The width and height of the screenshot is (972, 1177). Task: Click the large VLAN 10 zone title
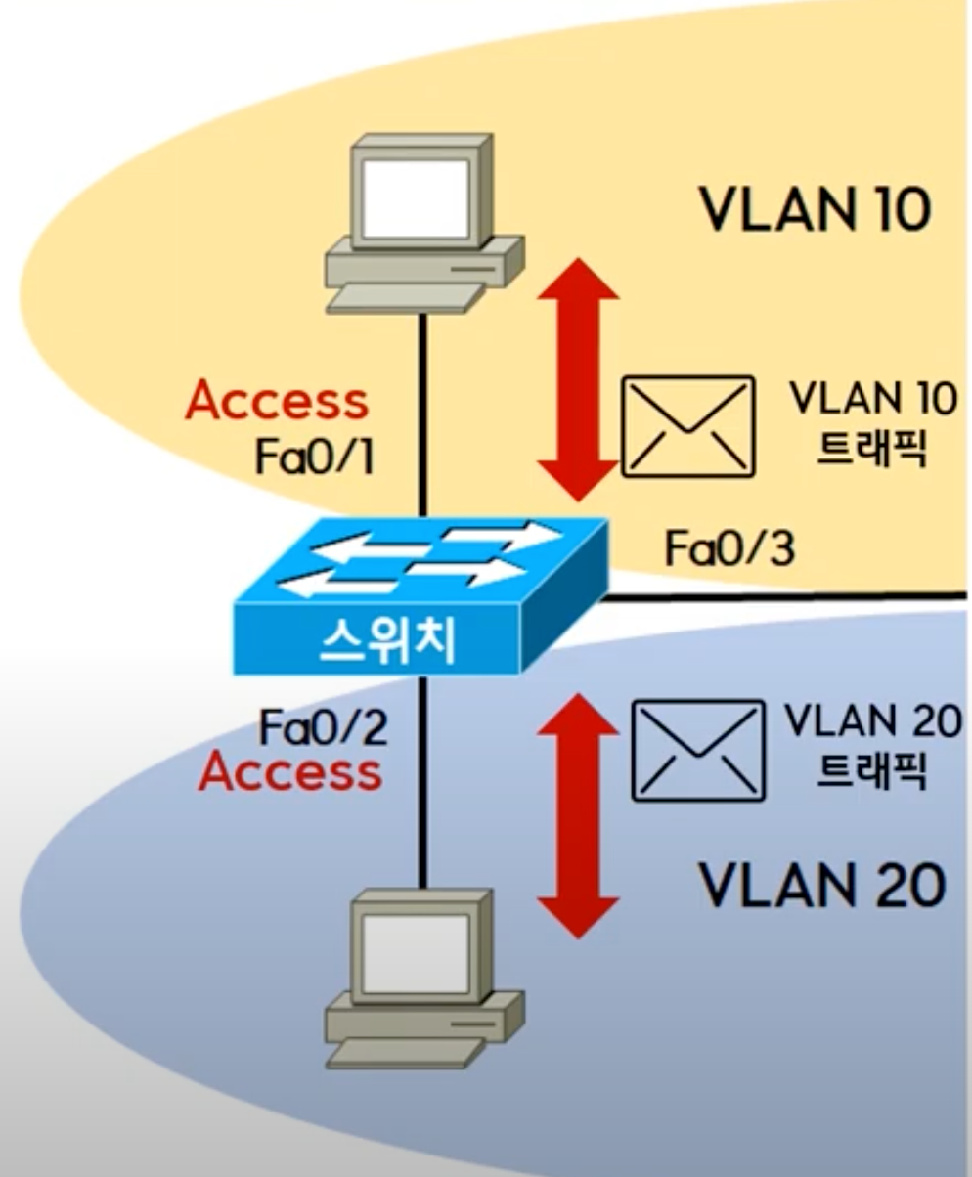(815, 208)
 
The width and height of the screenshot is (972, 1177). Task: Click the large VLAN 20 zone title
(821, 886)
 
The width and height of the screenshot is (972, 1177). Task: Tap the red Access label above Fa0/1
(277, 400)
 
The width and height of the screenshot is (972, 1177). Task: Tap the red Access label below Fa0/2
(289, 772)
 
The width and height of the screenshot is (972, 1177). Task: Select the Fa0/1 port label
(314, 457)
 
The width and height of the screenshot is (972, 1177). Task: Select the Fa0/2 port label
(323, 727)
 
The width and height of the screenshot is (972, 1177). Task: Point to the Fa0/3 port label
(729, 548)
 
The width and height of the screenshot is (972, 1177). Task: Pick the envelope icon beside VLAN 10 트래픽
(688, 426)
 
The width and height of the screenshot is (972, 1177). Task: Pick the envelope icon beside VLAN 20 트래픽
(697, 750)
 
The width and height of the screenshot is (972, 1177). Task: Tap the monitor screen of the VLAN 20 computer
(415, 948)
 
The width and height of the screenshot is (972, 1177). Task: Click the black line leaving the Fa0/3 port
(782, 594)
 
